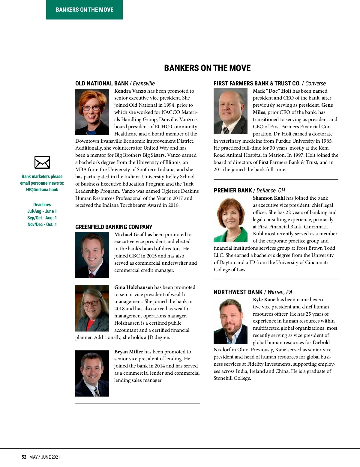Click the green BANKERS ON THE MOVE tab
84,10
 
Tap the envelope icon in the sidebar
42,162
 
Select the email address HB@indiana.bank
42,189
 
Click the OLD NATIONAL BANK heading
102,83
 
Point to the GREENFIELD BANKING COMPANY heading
114,227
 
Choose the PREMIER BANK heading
233,190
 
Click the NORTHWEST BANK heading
238,292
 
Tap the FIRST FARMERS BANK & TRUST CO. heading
257,83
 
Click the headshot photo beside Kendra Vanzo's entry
92,112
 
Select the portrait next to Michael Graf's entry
92,255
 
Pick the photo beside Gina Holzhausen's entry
92,308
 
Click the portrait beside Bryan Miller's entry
92,373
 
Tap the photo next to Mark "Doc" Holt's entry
230,111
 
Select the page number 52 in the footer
24,457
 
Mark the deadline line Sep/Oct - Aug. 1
42,218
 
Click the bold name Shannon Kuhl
269,198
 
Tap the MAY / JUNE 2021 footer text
45,457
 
